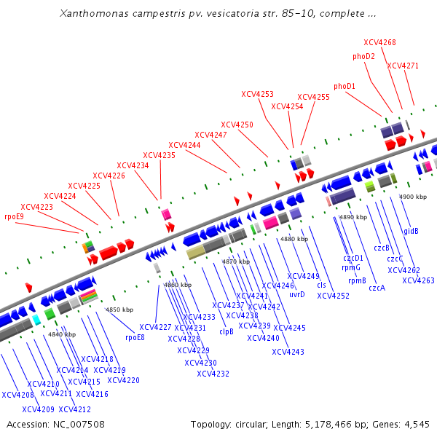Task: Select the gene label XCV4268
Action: pyautogui.click(x=379, y=42)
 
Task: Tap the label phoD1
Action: pyautogui.click(x=345, y=86)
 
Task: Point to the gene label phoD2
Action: pyautogui.click(x=363, y=56)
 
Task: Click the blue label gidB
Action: pyautogui.click(x=411, y=231)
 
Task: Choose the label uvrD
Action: pyautogui.click(x=297, y=294)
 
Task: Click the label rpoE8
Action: pyautogui.click(x=135, y=337)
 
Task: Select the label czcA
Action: pyautogui.click(x=377, y=288)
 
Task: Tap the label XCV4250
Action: pyautogui.click(x=237, y=125)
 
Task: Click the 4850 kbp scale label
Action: pyautogui.click(x=119, y=310)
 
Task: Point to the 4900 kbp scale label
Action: pyautogui.click(x=412, y=197)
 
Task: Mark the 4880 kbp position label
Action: pyautogui.click(x=294, y=239)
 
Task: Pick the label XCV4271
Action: pyautogui.click(x=403, y=66)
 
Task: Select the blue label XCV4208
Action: pyautogui.click(x=17, y=395)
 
